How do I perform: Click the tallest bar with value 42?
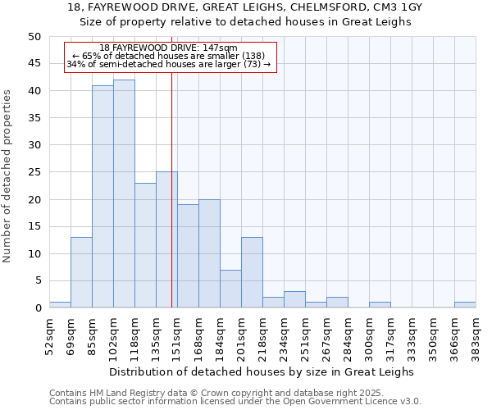124,194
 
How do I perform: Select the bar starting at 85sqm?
102,197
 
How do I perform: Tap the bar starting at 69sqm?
81,272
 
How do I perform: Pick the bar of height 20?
209,253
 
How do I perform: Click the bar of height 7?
230,289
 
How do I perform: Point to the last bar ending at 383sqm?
465,305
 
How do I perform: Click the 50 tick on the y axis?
34,37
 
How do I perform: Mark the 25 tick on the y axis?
34,172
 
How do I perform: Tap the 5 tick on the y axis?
37,280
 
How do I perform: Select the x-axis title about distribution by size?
262,371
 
